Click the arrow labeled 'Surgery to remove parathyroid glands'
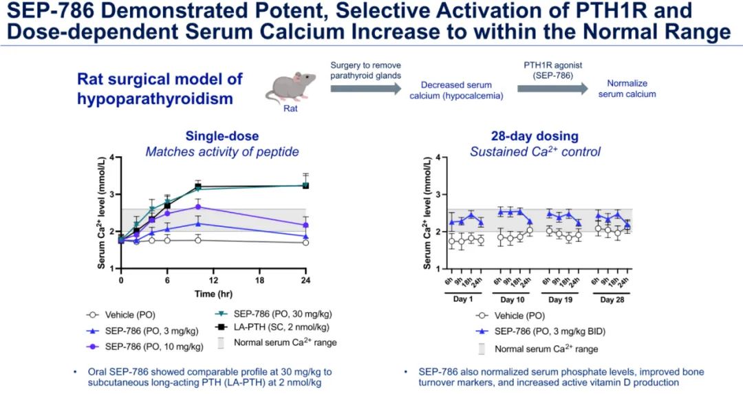[x=364, y=89]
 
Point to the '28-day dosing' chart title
[x=525, y=136]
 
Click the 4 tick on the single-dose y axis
[x=114, y=158]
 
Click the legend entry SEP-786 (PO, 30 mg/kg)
[x=275, y=314]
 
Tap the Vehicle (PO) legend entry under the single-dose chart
[x=126, y=314]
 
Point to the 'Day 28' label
[x=612, y=300]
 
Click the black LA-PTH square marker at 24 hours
[x=306, y=185]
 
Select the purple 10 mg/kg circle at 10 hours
[x=198, y=206]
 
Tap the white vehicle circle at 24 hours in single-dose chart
[x=306, y=242]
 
